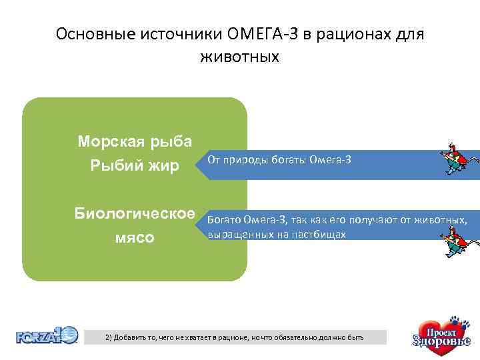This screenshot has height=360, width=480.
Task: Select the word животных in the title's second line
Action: [x=239, y=57]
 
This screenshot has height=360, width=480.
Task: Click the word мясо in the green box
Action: [x=135, y=237]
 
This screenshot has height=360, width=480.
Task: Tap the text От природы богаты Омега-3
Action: [x=279, y=160]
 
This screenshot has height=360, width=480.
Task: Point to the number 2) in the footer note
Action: [x=109, y=338]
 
